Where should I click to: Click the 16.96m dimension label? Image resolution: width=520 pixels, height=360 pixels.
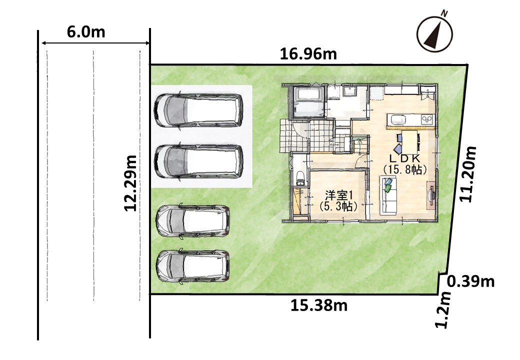[308, 54]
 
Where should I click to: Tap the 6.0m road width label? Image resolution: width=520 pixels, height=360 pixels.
[86, 32]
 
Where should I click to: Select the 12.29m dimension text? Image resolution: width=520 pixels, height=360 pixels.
[130, 183]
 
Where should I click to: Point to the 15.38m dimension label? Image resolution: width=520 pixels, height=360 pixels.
[319, 305]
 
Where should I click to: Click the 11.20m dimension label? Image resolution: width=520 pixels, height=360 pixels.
[468, 173]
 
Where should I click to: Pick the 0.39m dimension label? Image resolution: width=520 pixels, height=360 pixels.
[471, 281]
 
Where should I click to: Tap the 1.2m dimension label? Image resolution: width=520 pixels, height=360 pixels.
[443, 310]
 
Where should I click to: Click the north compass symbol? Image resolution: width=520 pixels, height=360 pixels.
[435, 32]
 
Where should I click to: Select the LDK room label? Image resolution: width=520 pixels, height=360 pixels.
[404, 158]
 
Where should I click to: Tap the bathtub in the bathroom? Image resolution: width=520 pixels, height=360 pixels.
[308, 93]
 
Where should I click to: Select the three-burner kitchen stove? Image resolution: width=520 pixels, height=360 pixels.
[427, 119]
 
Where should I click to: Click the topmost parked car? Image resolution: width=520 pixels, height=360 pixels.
[198, 110]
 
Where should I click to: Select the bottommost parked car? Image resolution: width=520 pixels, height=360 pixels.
[193, 266]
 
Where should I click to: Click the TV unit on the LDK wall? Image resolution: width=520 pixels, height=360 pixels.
[430, 195]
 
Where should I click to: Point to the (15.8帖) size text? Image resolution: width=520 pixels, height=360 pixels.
[404, 169]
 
